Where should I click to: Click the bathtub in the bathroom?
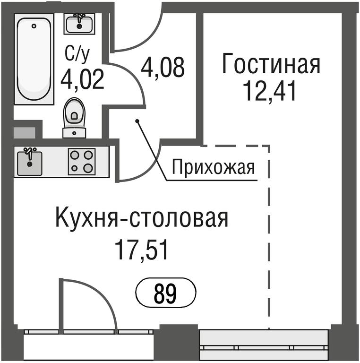click(x=34, y=59)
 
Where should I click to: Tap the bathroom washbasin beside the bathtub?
click(x=79, y=24)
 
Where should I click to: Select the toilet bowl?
click(x=74, y=113)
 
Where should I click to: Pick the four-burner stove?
click(x=82, y=161)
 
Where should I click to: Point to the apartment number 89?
click(x=165, y=294)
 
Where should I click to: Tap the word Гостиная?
click(x=271, y=64)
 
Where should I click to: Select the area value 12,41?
click(x=269, y=91)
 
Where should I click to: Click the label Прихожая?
click(x=213, y=167)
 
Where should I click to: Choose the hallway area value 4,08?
click(x=163, y=68)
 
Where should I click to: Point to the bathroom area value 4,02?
click(x=82, y=80)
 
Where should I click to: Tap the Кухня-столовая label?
click(x=142, y=218)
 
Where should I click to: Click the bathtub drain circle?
click(x=34, y=26)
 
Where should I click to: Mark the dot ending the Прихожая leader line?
click(x=137, y=121)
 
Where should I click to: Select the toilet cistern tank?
click(x=74, y=133)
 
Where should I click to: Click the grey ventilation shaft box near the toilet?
click(x=24, y=133)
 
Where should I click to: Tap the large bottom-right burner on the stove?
click(x=88, y=168)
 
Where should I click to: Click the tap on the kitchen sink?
click(x=29, y=153)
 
